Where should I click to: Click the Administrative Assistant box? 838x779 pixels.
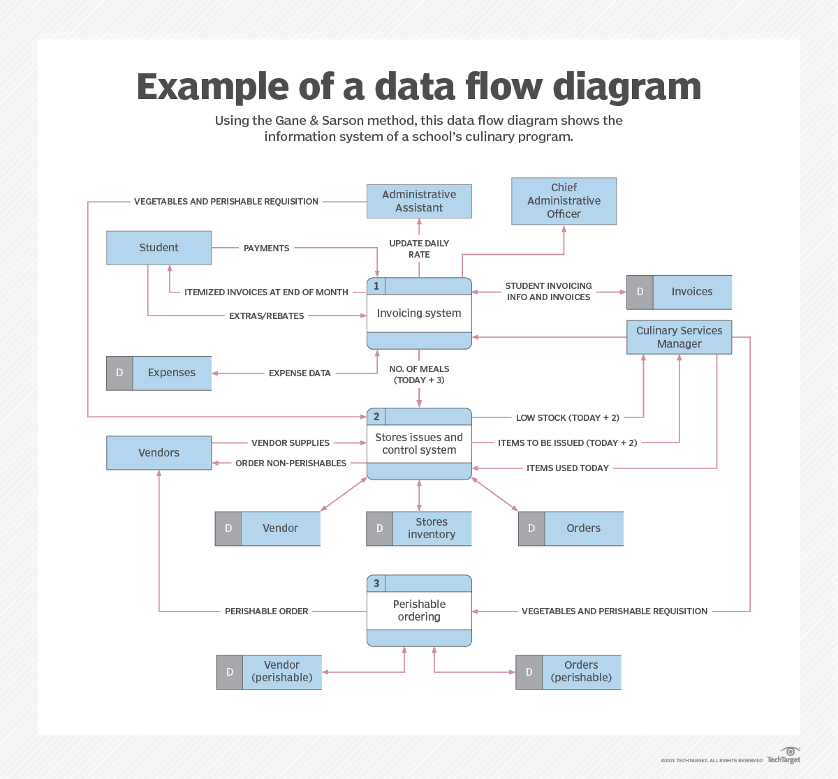pos(419,201)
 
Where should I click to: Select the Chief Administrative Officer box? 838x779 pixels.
pos(564,201)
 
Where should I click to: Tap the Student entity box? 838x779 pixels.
pos(159,248)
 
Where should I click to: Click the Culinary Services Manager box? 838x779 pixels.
pos(679,337)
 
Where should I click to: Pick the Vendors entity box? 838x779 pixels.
pos(159,453)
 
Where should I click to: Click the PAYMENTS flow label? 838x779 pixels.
pos(266,248)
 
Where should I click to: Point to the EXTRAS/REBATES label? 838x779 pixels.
pos(266,316)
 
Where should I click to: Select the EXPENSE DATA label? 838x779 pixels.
pos(300,373)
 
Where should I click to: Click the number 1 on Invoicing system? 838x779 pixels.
pos(376,286)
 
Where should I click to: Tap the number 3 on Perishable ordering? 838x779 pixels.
pos(376,584)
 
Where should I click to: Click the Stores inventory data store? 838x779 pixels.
pos(431,528)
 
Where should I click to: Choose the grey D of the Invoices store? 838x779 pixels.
pos(640,292)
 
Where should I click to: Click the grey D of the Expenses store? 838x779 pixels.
pos(119,373)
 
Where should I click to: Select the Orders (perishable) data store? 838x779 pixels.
pos(581,672)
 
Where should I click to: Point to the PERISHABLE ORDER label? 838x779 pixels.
pos(266,611)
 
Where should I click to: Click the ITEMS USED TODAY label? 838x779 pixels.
pos(567,468)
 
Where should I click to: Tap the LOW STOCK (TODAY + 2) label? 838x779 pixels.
pos(567,418)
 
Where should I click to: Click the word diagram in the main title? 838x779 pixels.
pos(626,87)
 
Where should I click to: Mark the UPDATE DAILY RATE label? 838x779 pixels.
pos(419,249)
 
